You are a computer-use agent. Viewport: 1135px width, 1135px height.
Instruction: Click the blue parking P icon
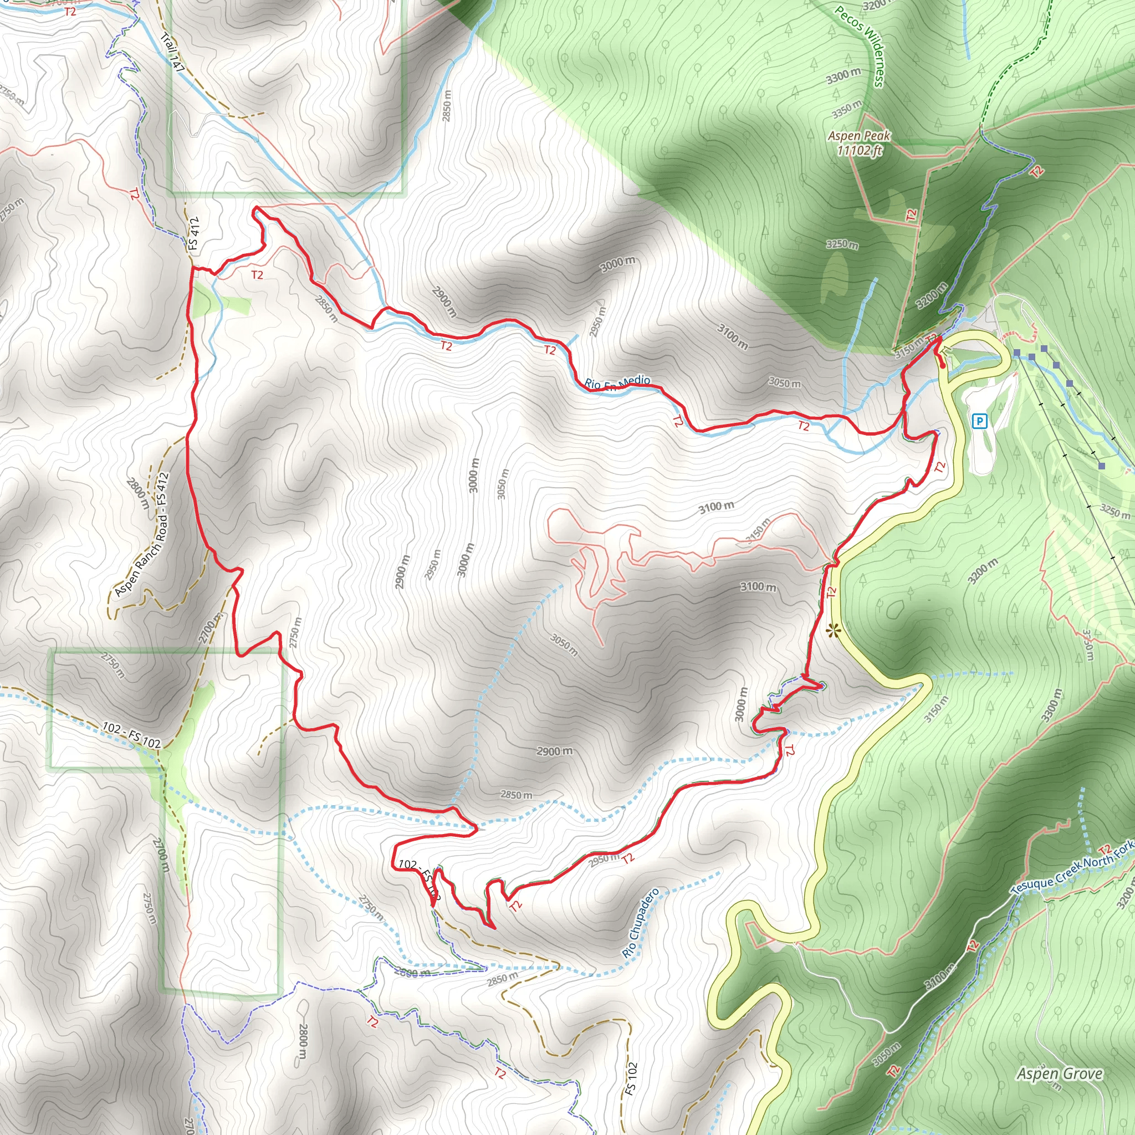(979, 421)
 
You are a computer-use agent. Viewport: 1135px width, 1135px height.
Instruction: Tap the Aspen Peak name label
(859, 136)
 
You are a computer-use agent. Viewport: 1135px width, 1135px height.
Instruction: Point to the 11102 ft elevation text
(860, 150)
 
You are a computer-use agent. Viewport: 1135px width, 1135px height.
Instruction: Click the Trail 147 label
(173, 52)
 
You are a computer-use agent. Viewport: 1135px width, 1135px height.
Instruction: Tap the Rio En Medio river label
(617, 382)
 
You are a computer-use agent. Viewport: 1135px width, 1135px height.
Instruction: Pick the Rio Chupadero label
(640, 923)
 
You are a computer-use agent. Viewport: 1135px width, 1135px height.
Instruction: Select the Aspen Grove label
(1060, 1074)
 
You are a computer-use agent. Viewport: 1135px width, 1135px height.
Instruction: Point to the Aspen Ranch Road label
(143, 534)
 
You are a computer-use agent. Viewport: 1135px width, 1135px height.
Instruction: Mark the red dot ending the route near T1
(943, 365)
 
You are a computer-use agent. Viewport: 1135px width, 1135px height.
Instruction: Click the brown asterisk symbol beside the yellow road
(832, 632)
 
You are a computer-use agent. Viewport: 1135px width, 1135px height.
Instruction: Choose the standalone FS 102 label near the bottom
(630, 1078)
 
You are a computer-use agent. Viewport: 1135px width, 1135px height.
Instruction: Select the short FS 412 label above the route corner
(195, 234)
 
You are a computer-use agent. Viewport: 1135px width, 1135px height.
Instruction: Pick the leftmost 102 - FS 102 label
(131, 735)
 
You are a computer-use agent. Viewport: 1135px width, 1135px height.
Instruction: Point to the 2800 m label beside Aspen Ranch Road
(139, 497)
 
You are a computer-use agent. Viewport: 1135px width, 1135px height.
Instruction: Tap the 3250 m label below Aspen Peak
(842, 244)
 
